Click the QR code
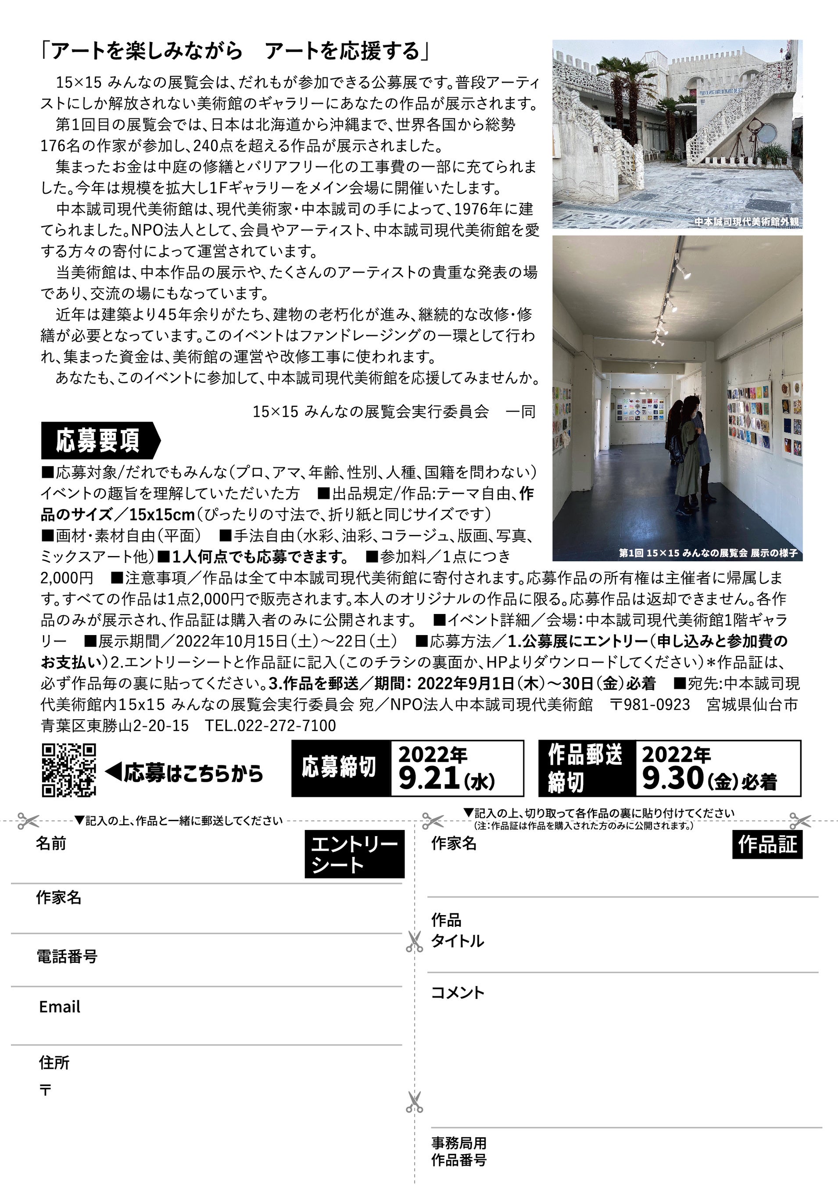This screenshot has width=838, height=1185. tap(68, 769)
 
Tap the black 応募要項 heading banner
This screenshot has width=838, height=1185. tap(100, 441)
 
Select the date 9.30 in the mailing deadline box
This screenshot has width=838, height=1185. tap(672, 778)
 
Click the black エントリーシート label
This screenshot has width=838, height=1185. tap(354, 854)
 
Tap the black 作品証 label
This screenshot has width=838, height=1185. tap(767, 844)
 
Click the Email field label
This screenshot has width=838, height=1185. tap(60, 1006)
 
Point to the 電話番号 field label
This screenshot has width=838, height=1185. tap(67, 956)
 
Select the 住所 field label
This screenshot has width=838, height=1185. tap(54, 1062)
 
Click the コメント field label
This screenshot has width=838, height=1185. tap(458, 992)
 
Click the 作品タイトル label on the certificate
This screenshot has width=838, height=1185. tap(457, 930)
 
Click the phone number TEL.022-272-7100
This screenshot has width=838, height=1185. tap(270, 725)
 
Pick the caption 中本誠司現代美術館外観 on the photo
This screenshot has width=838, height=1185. tap(746, 222)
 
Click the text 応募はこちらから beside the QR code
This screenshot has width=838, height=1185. tap(193, 772)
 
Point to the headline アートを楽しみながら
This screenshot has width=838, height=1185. tap(147, 51)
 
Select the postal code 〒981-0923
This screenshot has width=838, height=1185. tap(650, 704)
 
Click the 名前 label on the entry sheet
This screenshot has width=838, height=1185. tap(50, 844)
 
